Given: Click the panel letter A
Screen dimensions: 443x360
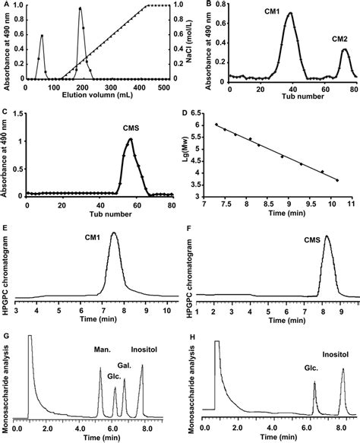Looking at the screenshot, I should click(5, 5).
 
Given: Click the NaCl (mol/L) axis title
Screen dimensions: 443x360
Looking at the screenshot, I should click(183, 43).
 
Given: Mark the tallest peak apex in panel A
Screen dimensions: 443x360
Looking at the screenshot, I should click(80, 9).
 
